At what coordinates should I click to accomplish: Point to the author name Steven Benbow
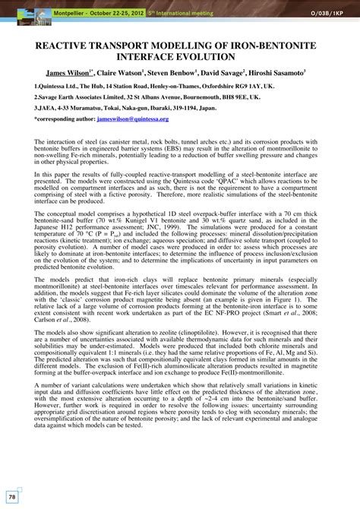point(175,74)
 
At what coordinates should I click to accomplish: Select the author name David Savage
point(229,74)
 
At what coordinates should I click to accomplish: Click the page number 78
point(12,496)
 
